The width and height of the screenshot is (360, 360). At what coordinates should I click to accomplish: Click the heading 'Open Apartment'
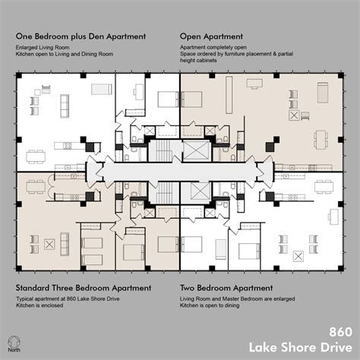[211, 36]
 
